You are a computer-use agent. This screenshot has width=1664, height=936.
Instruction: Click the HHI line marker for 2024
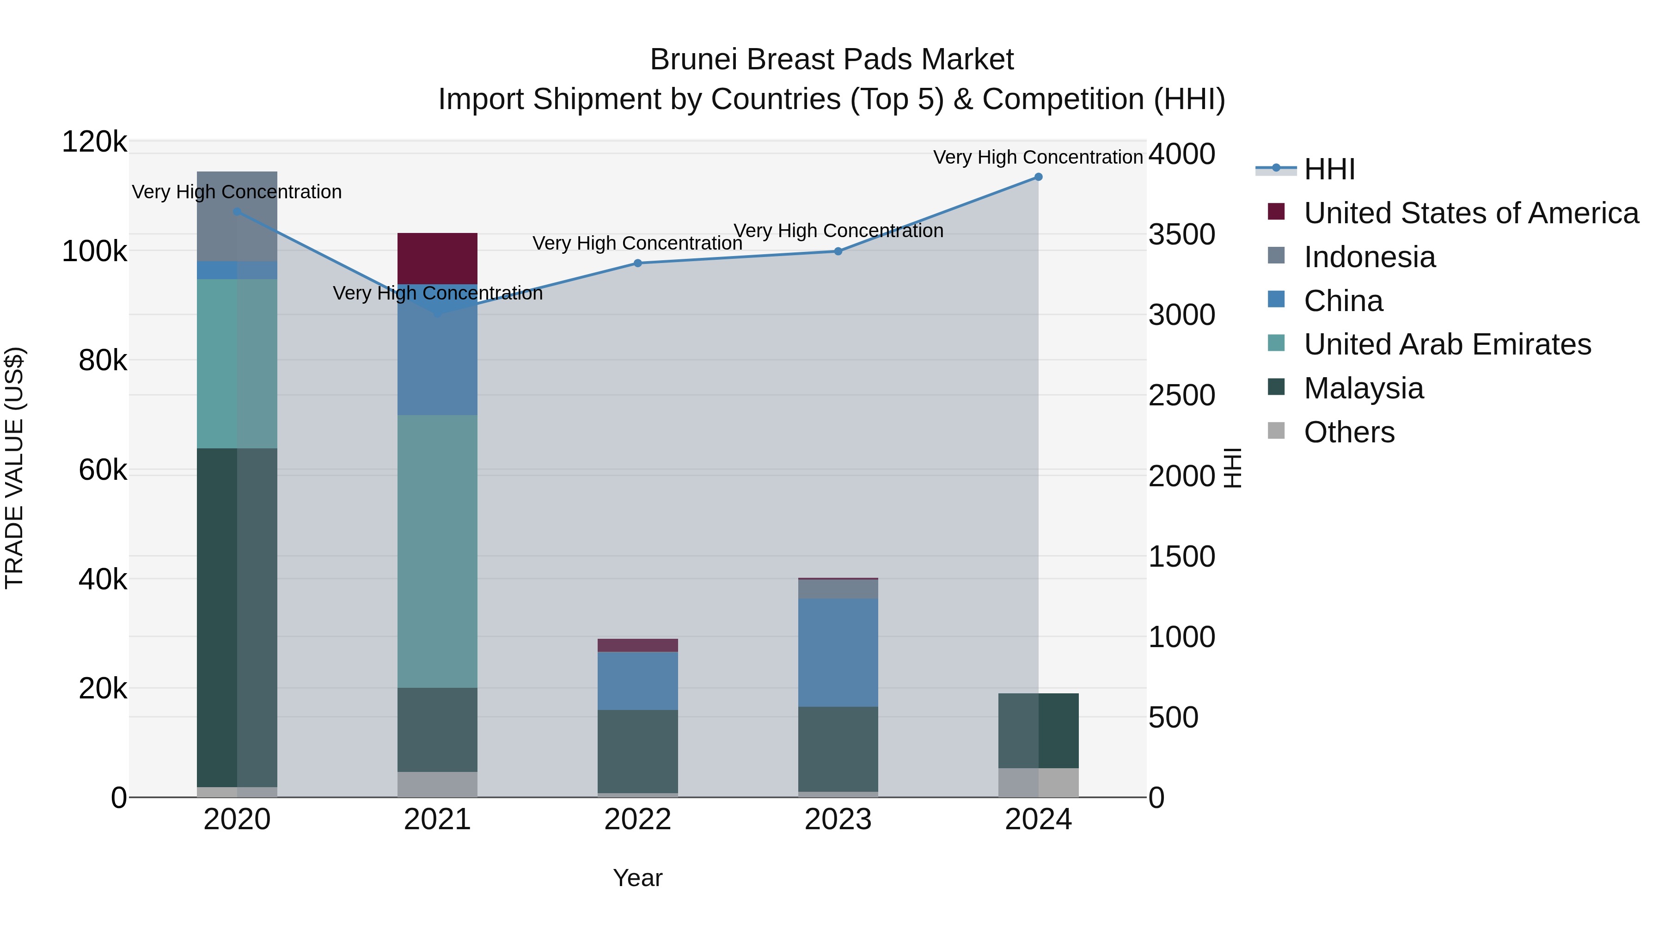click(x=1038, y=177)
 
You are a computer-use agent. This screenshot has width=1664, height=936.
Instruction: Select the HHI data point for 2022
click(x=637, y=263)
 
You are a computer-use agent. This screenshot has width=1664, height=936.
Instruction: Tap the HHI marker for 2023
click(x=838, y=251)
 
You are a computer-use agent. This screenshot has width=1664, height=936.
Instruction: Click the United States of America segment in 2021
click(x=437, y=258)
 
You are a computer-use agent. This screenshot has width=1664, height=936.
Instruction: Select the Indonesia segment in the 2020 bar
click(x=237, y=216)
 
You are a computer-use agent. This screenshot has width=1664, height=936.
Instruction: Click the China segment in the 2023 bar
click(x=838, y=652)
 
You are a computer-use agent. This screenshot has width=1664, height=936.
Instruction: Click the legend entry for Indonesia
click(x=1370, y=257)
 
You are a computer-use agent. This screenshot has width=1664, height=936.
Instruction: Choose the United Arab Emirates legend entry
click(x=1447, y=344)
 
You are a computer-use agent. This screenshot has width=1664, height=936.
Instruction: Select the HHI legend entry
click(x=1329, y=169)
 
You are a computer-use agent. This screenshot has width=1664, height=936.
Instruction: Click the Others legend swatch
click(x=1276, y=431)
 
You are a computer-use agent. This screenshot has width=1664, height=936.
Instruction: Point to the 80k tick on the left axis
click(x=103, y=361)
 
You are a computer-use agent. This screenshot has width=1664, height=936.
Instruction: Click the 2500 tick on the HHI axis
click(x=1181, y=395)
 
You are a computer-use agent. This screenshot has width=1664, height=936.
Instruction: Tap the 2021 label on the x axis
click(x=437, y=820)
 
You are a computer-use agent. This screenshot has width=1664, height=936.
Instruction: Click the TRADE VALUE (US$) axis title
click(x=14, y=468)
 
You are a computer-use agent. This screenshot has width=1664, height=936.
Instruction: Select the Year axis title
click(x=637, y=878)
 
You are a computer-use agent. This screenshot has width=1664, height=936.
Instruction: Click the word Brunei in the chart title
click(x=694, y=60)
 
